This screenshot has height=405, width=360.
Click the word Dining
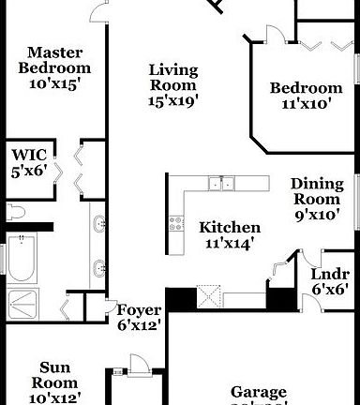coord(316,184)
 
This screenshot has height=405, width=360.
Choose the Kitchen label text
coord(230,228)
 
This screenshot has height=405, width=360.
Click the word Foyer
coord(140,310)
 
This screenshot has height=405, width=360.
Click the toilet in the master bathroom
coord(16,212)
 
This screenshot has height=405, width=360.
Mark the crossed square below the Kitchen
coord(210,298)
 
